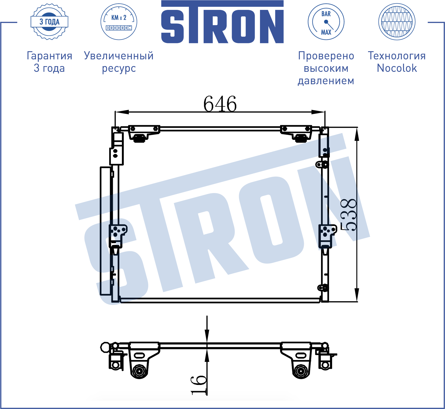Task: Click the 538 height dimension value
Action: click(x=348, y=215)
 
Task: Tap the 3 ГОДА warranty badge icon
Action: click(x=50, y=22)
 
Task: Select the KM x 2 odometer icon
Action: click(x=119, y=22)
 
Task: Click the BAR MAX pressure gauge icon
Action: click(x=326, y=22)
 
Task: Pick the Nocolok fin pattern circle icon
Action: click(x=397, y=22)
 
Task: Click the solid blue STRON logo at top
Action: click(x=222, y=22)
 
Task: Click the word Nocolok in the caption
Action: click(x=397, y=68)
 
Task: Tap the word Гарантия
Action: click(x=50, y=56)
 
